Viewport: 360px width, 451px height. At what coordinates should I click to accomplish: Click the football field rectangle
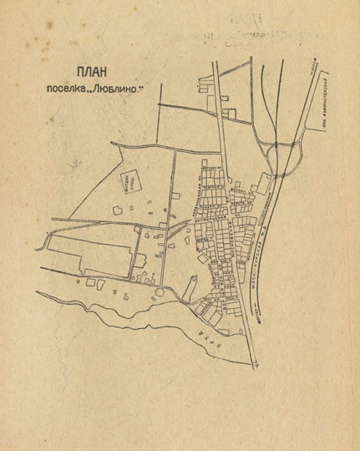(x=129, y=182)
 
